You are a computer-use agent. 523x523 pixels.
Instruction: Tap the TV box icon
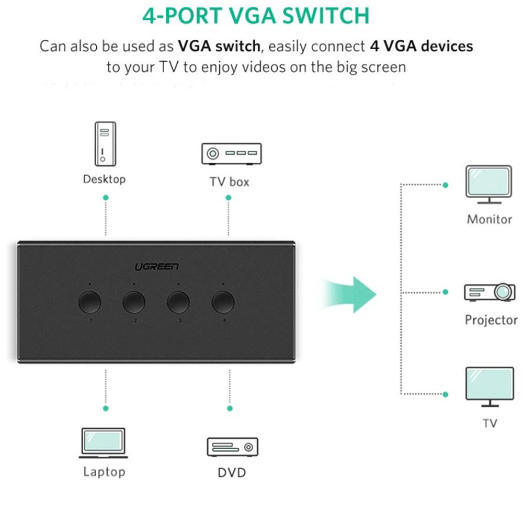231,154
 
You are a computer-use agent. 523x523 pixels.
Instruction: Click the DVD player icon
232,447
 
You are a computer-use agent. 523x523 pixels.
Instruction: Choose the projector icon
490,292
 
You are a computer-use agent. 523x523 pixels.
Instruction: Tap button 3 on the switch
178,302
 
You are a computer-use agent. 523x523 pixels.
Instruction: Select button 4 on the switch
223,302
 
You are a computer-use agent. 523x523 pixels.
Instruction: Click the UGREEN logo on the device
157,267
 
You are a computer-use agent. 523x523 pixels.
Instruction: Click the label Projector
491,320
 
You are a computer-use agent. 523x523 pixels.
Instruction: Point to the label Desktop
105,179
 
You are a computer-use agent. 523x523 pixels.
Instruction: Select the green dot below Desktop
106,198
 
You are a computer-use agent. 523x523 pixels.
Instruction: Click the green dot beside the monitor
445,185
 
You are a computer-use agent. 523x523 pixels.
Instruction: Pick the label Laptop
104,472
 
